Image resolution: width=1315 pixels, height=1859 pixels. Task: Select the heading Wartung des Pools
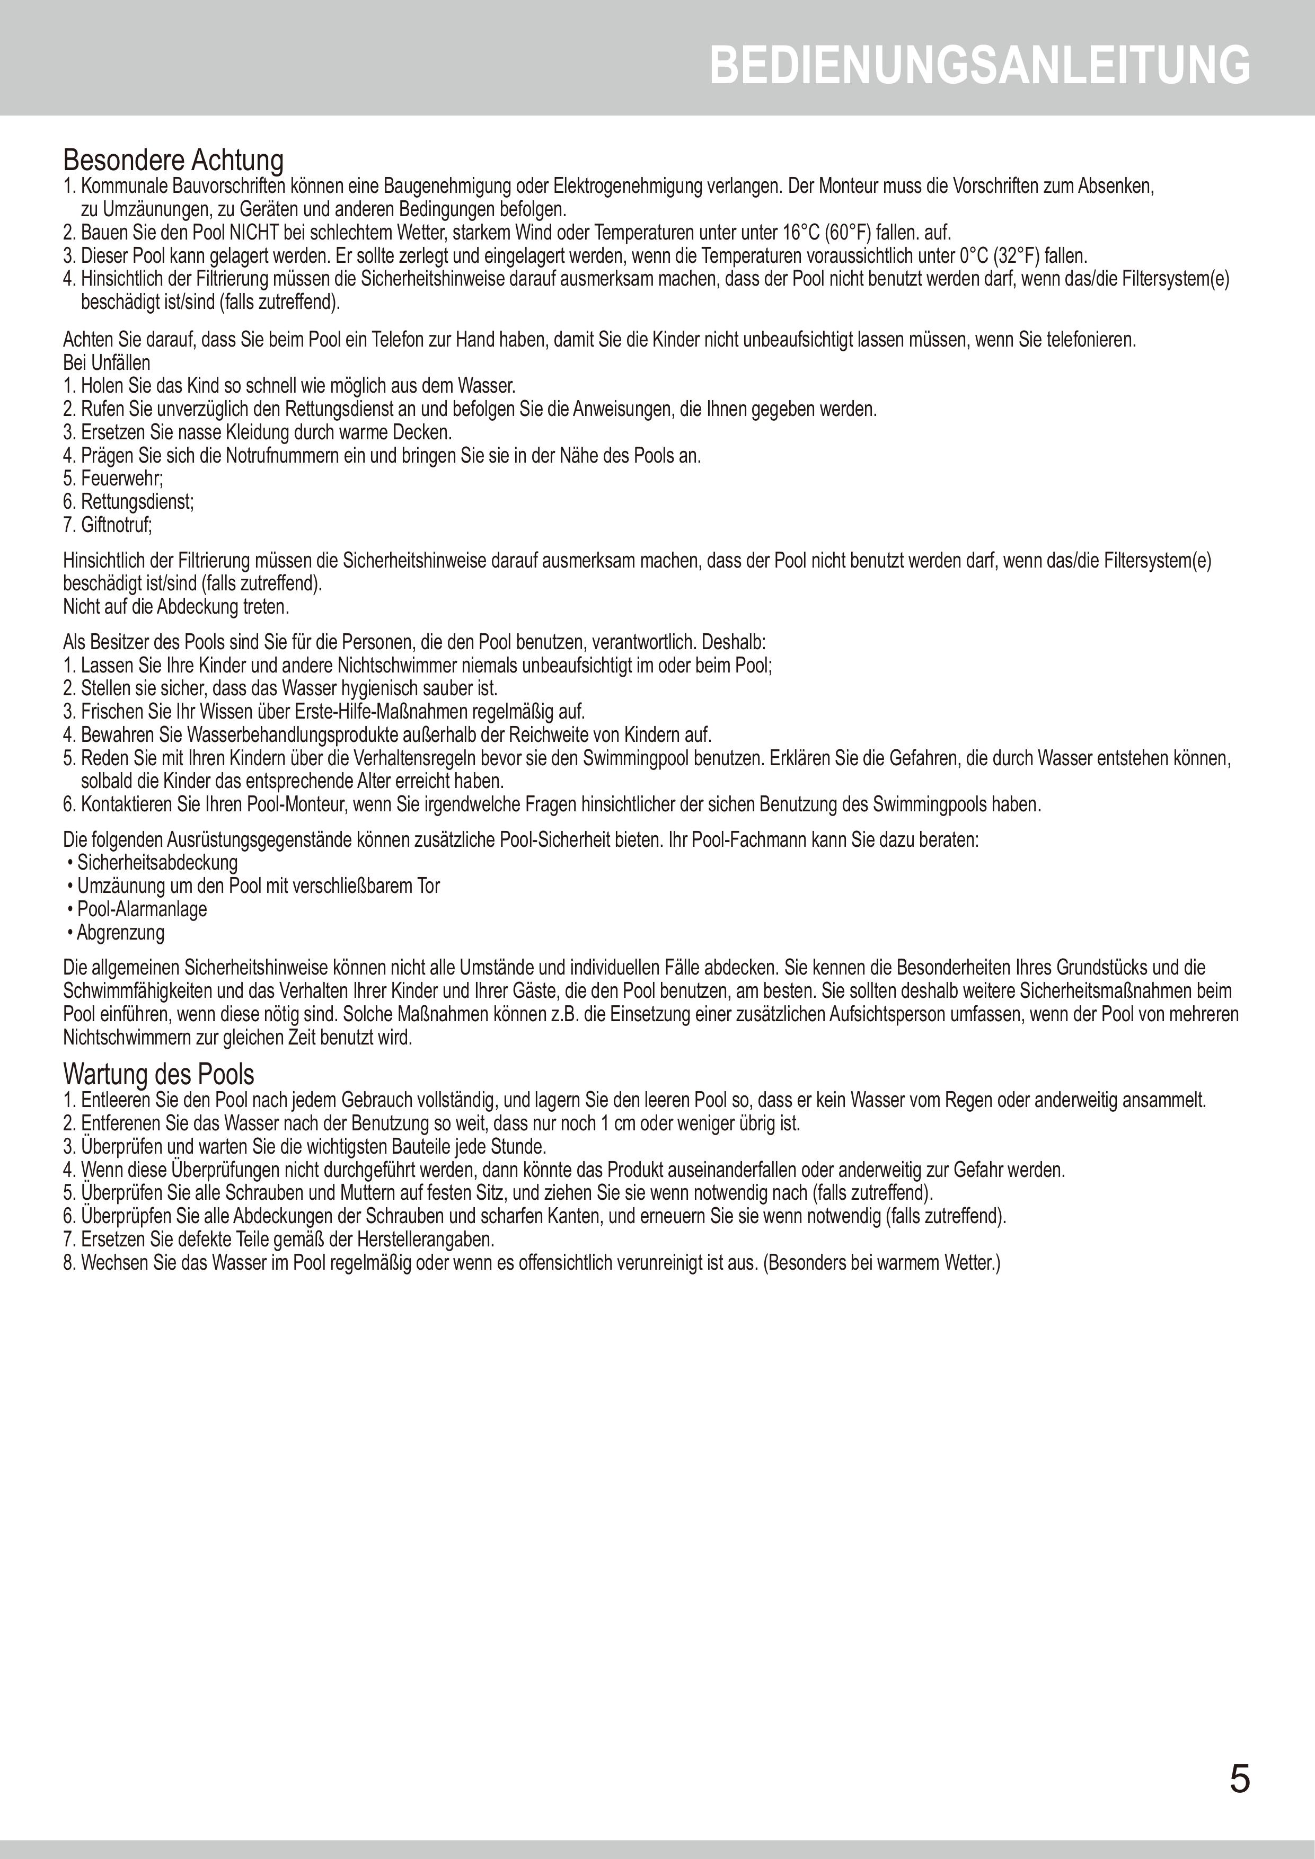158,1074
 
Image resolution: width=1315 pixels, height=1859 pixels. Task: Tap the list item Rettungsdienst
137,502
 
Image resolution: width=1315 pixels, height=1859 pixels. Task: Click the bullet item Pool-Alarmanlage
142,909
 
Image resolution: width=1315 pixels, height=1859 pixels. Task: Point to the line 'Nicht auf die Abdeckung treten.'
176,606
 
